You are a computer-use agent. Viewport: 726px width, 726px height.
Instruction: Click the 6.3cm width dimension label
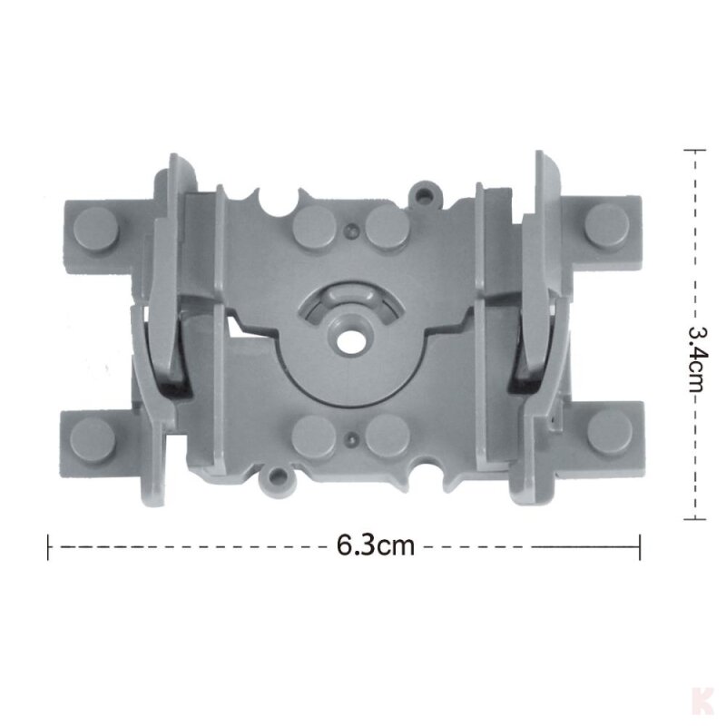(375, 545)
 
